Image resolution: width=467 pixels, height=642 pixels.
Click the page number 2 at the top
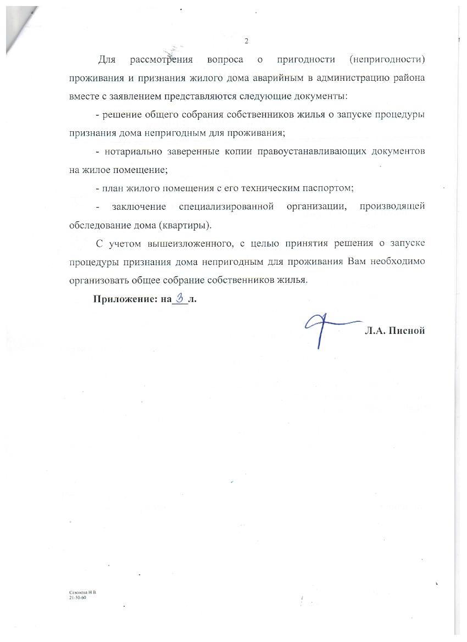click(x=247, y=41)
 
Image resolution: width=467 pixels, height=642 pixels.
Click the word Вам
click(x=357, y=262)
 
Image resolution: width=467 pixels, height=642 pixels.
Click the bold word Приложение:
click(x=119, y=299)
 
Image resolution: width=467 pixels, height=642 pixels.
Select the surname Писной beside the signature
click(x=407, y=331)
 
